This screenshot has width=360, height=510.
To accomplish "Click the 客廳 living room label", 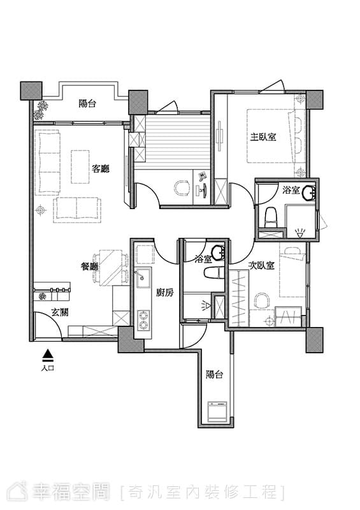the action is [101, 169].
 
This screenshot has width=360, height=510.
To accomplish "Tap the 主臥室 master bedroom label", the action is [263, 137].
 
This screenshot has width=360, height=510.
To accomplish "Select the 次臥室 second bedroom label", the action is [261, 266].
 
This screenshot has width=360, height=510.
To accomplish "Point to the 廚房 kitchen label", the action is [165, 293].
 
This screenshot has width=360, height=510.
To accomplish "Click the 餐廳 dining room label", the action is [89, 267].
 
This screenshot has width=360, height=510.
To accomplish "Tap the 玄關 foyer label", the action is [60, 313].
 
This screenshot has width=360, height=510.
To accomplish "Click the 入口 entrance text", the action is [48, 368].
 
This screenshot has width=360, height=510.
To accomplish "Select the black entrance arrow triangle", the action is [48, 354].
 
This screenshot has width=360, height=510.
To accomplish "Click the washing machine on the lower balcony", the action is [217, 412].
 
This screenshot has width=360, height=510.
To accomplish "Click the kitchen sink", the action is [143, 278].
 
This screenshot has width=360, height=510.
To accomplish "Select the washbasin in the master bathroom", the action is [308, 193].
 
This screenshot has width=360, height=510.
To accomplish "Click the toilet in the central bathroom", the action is [215, 273].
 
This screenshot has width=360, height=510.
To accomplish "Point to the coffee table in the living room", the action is [80, 166].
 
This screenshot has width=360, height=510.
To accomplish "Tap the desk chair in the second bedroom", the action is [262, 301].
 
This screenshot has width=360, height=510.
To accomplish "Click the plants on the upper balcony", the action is [41, 110].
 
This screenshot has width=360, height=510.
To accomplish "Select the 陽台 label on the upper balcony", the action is [87, 104].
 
